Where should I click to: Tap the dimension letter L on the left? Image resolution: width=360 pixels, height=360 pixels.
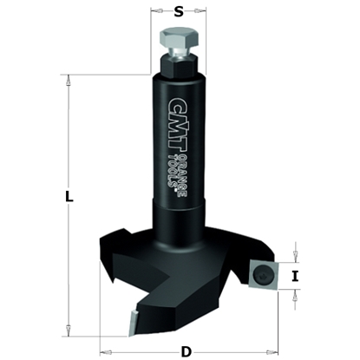click(69, 197)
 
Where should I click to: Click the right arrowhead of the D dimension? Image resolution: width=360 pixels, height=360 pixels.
click(272, 351)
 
